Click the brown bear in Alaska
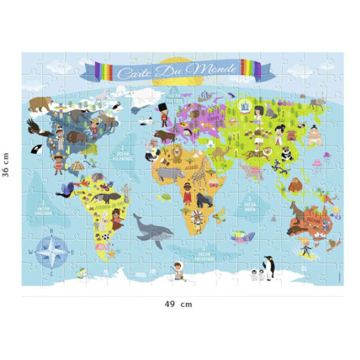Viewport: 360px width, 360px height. tap(39, 104)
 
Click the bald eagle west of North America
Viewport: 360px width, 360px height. tap(33, 128)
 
